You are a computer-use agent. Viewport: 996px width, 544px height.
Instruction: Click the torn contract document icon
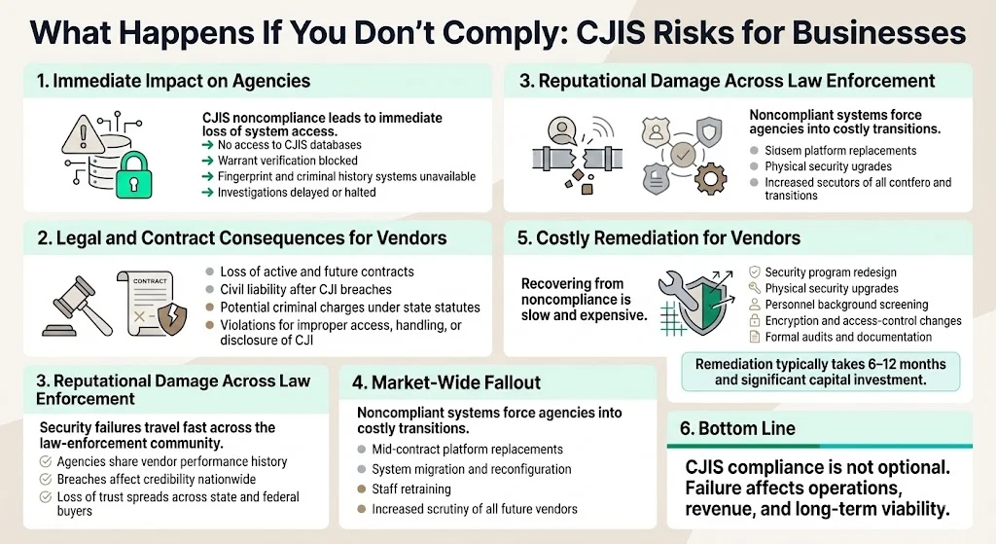pos(153,301)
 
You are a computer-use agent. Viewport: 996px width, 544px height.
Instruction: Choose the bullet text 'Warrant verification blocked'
pos(288,161)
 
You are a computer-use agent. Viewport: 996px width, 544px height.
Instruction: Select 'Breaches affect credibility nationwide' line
pos(162,479)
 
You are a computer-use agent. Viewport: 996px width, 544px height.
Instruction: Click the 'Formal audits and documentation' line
pos(848,337)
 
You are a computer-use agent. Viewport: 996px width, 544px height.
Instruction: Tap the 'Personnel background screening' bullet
pos(846,305)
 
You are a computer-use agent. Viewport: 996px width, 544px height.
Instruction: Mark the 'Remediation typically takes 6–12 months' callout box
pos(821,371)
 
